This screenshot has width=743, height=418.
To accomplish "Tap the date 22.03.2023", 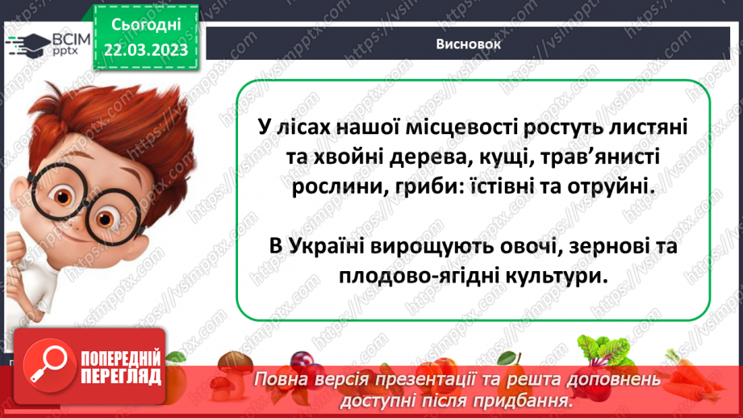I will coord(145,51).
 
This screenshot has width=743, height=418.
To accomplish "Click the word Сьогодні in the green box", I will coord(145,25).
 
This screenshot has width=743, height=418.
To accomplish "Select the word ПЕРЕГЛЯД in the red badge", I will coord(120,375).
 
